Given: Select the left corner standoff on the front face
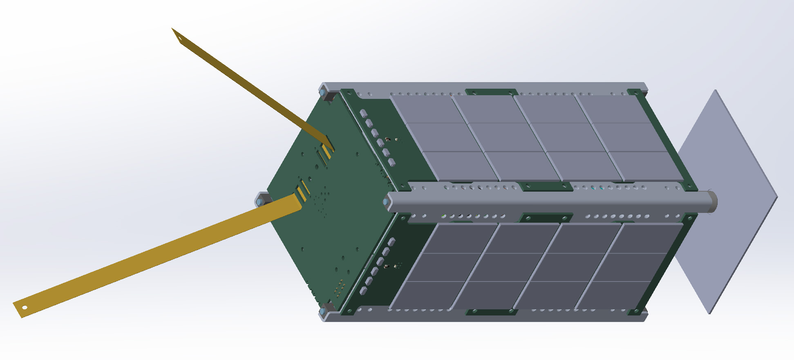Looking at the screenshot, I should pyautogui.click(x=260, y=201).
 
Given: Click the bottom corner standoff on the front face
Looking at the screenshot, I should pyautogui.click(x=324, y=312).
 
